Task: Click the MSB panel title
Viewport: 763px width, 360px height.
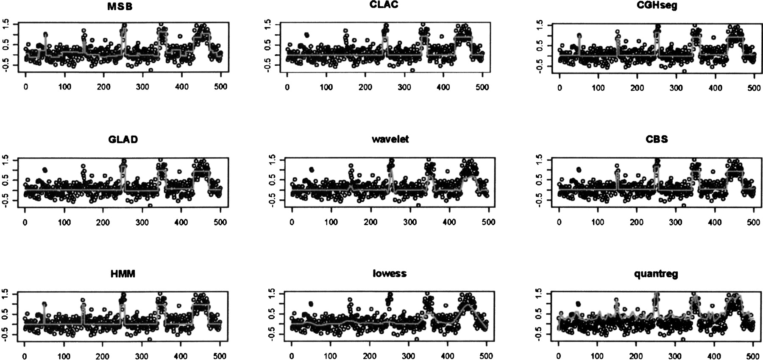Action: pos(120,7)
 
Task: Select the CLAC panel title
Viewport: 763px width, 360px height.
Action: pos(384,5)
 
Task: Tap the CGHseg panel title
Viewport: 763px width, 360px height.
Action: pos(657,6)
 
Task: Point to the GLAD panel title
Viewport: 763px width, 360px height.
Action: pos(123,140)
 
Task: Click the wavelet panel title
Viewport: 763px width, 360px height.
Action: pos(390,139)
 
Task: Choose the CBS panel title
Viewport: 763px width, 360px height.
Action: pos(657,139)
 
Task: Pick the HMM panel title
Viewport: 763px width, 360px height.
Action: pos(123,274)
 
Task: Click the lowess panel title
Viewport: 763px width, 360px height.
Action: pos(390,273)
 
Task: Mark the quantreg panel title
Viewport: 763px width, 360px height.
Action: pos(656,274)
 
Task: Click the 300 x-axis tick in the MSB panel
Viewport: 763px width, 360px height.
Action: pos(142,87)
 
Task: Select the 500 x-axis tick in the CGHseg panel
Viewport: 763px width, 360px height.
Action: pos(754,87)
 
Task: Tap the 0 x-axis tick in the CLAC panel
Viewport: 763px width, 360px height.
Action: pos(287,87)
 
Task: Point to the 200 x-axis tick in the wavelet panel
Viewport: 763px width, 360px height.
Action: pos(370,222)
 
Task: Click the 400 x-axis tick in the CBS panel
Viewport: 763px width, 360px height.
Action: pos(715,222)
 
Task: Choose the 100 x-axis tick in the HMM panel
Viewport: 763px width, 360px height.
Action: pos(64,356)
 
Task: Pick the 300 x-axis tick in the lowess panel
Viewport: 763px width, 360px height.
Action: pos(408,356)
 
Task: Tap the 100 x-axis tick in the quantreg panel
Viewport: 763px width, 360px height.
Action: pos(597,356)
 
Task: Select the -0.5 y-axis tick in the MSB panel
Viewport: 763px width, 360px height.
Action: pos(6,65)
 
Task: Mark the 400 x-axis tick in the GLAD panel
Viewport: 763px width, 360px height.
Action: pos(181,222)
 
